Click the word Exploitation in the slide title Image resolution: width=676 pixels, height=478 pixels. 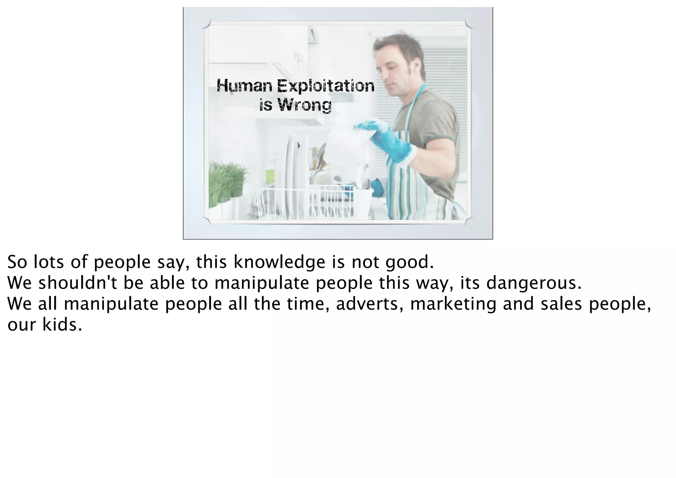325,86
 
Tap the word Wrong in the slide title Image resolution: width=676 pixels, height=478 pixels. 304,105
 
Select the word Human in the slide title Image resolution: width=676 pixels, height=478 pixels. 245,86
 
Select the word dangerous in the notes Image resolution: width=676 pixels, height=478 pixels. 533,283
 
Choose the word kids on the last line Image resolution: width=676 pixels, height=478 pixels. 62,325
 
